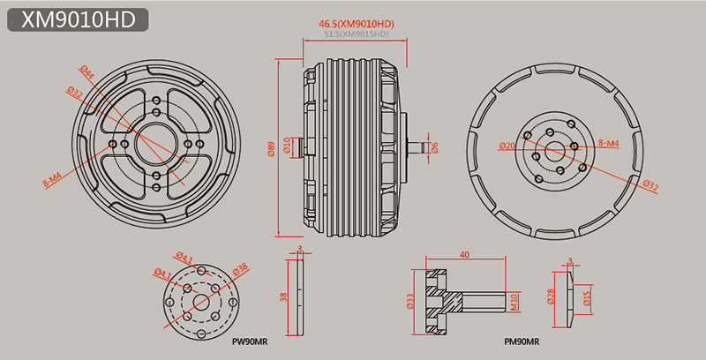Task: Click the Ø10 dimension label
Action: tap(289, 146)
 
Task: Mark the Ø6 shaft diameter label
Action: tap(435, 146)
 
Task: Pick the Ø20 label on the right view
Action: tap(507, 146)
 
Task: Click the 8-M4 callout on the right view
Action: tap(610, 142)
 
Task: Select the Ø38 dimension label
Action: tap(240, 268)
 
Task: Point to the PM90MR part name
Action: tap(522, 340)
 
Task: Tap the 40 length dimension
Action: tap(464, 254)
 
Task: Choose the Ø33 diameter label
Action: tap(411, 301)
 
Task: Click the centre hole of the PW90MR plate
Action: tap(199, 299)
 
